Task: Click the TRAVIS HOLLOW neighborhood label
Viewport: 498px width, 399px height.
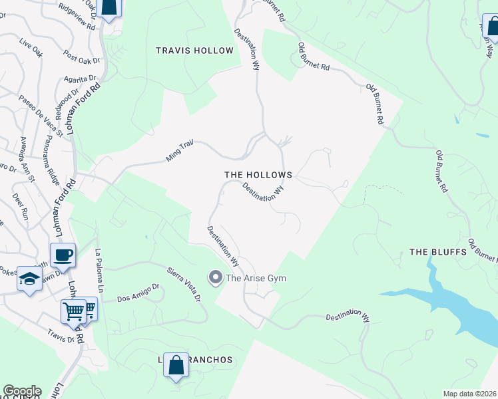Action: click(194, 51)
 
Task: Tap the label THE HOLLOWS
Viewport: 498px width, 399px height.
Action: click(258, 175)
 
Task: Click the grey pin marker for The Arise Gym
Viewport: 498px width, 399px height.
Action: click(215, 277)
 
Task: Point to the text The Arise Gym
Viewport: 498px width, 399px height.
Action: click(256, 278)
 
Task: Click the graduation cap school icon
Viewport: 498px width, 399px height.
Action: click(29, 279)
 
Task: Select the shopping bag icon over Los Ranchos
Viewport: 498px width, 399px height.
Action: click(176, 365)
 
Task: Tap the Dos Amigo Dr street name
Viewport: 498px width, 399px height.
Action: click(139, 294)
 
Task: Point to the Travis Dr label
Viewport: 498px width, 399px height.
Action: click(61, 334)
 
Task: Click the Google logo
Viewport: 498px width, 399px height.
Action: click(22, 391)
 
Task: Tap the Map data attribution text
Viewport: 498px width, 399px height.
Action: click(469, 394)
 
